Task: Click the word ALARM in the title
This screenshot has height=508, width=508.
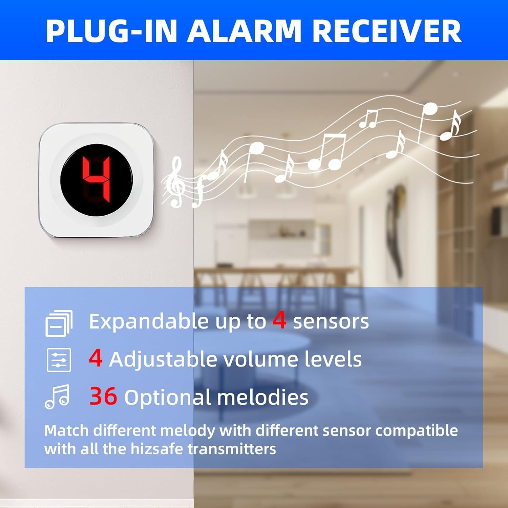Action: (244, 31)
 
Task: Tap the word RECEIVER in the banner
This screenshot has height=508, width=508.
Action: (386, 31)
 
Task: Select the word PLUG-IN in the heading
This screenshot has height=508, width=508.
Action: (111, 31)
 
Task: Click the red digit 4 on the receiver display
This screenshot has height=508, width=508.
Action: (97, 180)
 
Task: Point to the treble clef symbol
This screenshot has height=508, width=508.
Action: (175, 182)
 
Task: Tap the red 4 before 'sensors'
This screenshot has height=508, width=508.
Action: (279, 320)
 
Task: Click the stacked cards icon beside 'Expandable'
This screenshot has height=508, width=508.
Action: (59, 323)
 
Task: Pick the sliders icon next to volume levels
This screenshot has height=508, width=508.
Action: (59, 360)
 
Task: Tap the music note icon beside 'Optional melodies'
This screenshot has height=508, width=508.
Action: (58, 397)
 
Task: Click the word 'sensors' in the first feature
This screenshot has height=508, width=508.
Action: (331, 321)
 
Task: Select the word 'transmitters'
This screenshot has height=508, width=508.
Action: (232, 449)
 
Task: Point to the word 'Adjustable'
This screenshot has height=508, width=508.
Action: (163, 359)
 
